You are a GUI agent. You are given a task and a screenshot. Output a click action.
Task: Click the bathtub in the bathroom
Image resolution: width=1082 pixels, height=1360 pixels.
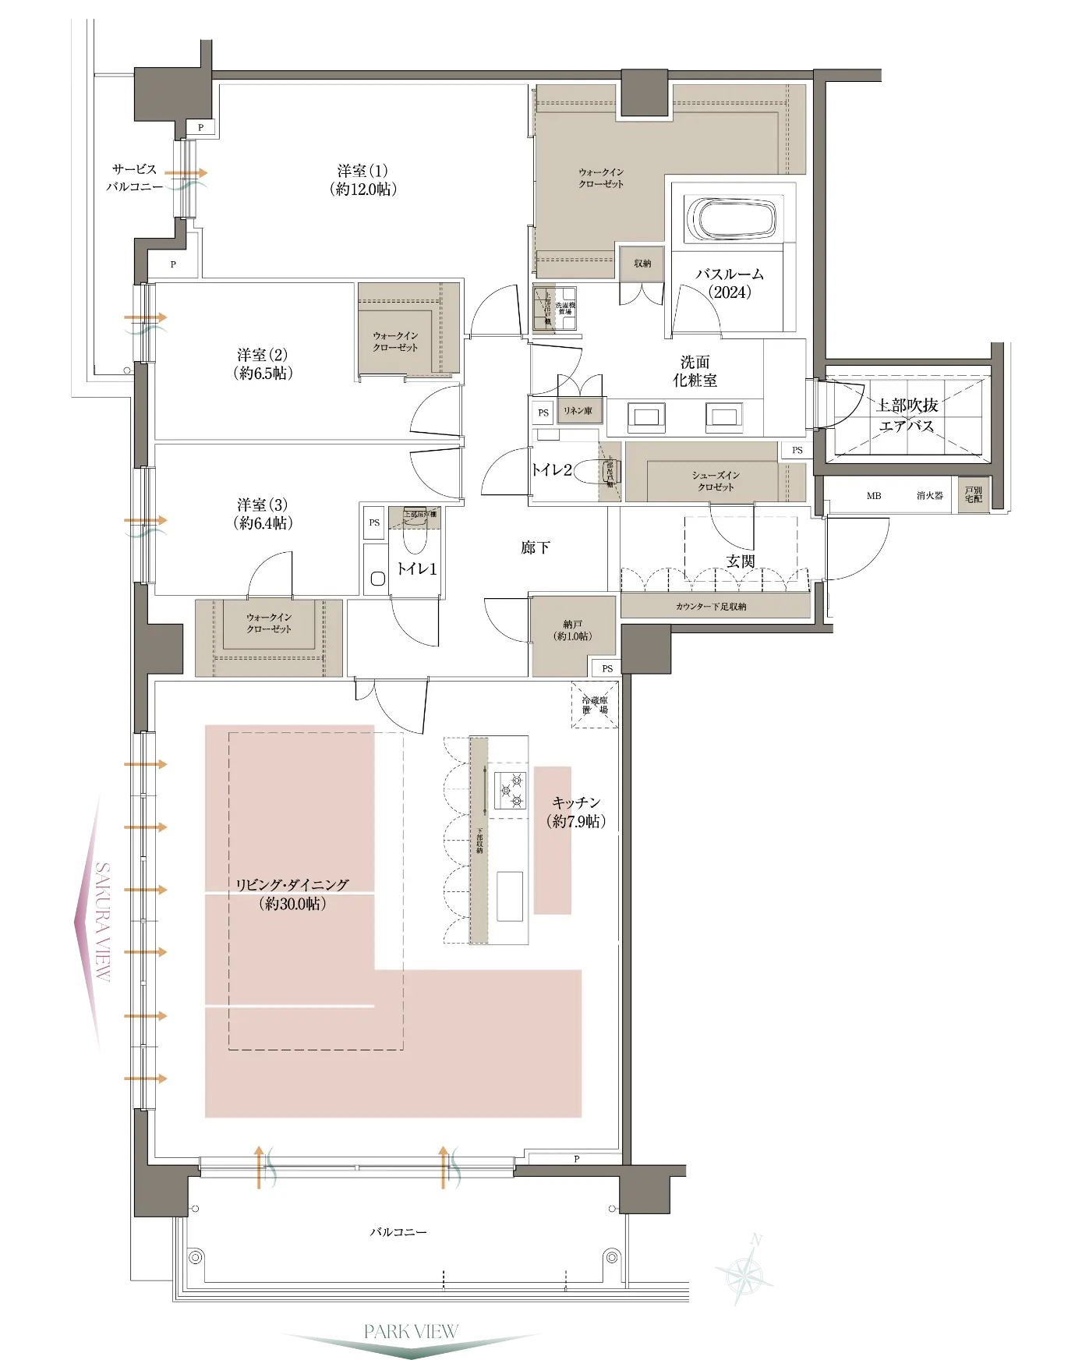730,219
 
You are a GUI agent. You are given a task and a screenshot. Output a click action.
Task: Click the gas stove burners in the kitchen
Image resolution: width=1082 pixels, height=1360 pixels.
510,789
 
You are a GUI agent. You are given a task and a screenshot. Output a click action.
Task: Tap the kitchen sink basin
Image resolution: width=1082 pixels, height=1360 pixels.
510,896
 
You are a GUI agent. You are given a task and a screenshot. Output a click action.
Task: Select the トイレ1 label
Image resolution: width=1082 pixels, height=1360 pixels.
416,569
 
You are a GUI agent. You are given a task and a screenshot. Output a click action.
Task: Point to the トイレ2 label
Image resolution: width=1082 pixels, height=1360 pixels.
552,470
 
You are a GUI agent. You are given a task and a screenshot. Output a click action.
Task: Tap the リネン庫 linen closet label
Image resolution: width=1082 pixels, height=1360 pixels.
578,411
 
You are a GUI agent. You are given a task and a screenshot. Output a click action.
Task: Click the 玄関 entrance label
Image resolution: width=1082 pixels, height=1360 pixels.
741,561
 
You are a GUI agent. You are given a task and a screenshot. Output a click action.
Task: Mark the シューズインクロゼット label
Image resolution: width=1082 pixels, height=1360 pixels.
715,481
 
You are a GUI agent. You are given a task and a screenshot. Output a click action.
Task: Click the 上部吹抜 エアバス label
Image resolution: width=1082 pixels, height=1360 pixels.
907,416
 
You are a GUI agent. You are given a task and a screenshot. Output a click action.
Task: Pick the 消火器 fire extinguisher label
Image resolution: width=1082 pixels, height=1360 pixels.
929,496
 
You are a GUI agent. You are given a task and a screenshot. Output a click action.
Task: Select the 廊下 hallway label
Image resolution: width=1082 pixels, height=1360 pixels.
536,547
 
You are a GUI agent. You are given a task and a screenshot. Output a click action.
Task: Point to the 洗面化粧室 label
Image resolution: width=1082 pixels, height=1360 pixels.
695,371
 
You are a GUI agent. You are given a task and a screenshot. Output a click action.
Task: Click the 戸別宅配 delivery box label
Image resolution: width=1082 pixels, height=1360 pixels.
973,495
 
